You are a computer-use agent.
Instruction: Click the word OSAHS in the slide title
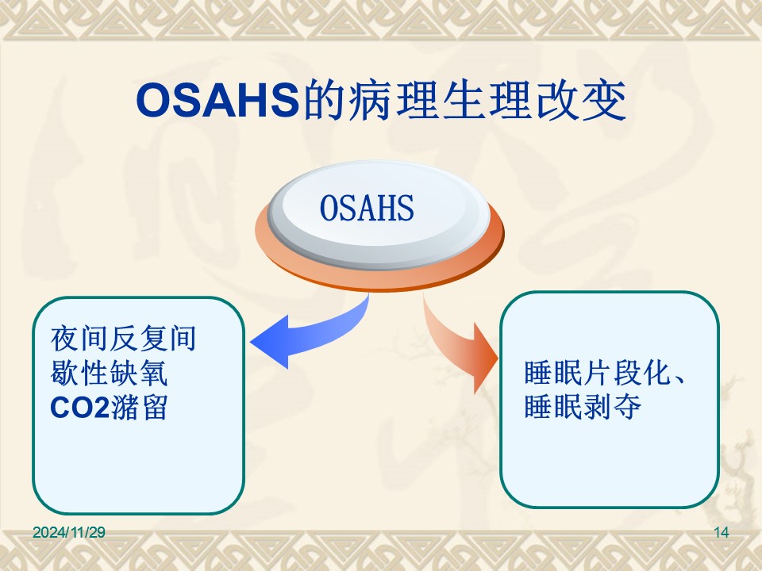point(217,101)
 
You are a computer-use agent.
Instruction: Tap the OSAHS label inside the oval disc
point(367,208)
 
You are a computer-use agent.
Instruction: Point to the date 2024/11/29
point(69,532)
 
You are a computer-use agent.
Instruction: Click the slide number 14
point(722,532)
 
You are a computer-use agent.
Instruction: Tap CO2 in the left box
point(79,408)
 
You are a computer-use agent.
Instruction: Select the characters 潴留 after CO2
point(140,407)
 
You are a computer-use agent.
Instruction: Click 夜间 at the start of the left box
point(79,339)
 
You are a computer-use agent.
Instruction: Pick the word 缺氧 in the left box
point(139,373)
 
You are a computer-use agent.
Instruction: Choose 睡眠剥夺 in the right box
point(583,406)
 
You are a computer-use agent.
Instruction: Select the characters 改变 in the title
point(580,101)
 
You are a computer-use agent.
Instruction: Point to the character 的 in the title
point(324,101)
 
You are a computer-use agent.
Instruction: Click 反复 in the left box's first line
point(139,339)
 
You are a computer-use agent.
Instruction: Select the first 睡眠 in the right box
point(553,373)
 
